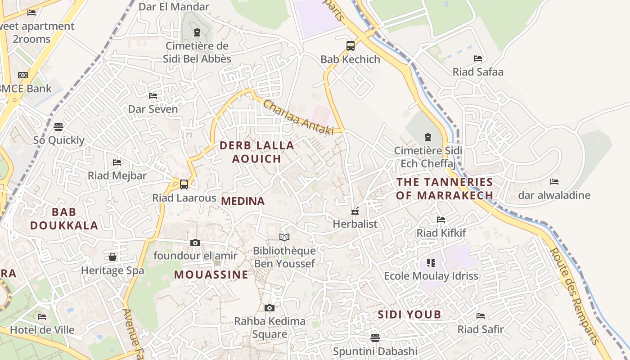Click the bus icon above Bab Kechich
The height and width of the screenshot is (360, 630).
(350, 46)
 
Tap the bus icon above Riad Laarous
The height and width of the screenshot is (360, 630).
(184, 184)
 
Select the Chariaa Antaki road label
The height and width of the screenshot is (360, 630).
(298, 117)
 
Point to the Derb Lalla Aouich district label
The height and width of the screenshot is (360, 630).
(256, 152)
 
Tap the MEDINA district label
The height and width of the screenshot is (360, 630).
(243, 201)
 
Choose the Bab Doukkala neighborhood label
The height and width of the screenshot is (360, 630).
(64, 219)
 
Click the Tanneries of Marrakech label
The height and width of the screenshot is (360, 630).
(445, 189)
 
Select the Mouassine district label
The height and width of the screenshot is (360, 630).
(211, 274)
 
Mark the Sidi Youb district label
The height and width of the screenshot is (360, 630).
(409, 315)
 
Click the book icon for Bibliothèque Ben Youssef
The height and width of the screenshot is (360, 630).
(284, 237)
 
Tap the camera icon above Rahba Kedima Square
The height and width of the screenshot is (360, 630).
(270, 308)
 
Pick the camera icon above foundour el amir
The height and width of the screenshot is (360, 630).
(195, 243)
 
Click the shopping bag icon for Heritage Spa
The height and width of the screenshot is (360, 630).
(112, 257)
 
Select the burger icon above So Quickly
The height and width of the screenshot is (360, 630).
(58, 127)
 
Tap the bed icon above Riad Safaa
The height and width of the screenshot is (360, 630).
(478, 58)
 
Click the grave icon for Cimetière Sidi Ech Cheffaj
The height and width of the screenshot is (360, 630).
(427, 137)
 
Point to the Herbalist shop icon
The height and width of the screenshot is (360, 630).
(355, 211)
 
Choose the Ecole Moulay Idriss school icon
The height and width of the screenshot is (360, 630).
(431, 262)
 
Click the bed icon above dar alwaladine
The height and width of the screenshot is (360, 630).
(554, 182)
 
